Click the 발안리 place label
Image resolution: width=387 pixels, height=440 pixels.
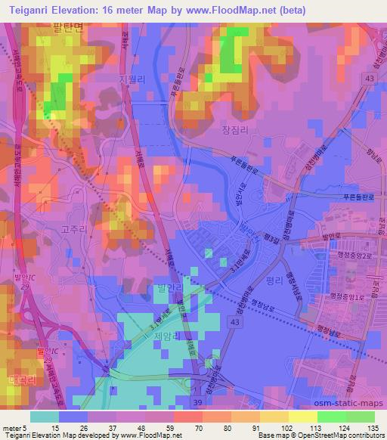click(171, 287)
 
